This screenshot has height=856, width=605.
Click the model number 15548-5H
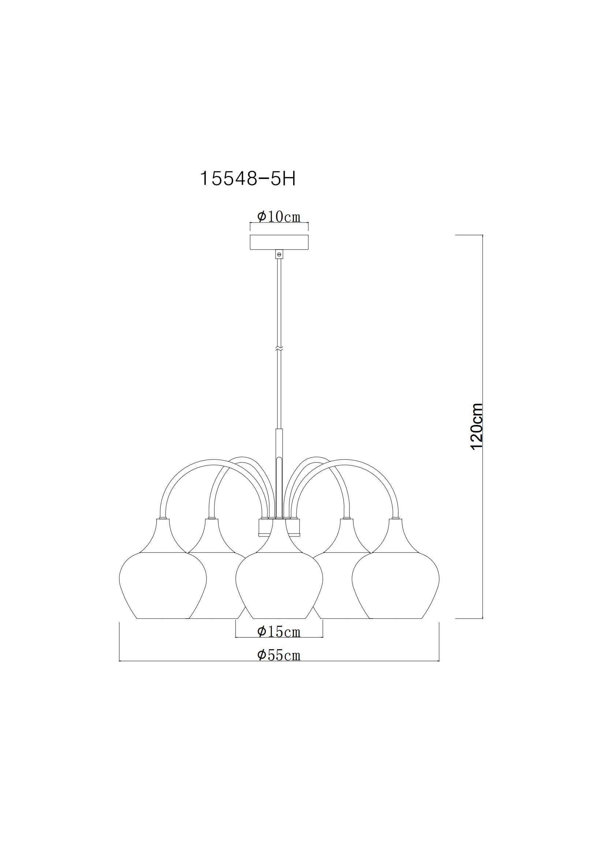tap(248, 179)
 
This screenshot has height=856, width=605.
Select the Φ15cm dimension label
tap(279, 632)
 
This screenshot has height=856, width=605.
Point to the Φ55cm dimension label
tap(279, 655)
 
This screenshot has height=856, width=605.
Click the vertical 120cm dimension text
tap(477, 426)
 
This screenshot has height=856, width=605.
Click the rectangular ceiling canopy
tap(279, 242)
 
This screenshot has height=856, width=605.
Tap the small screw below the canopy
tap(279, 254)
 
